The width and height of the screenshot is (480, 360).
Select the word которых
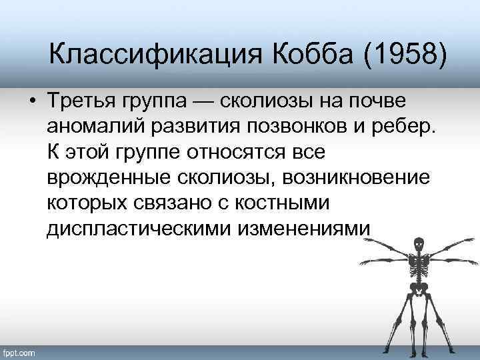click(x=85, y=203)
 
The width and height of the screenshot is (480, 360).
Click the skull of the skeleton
click(x=419, y=245)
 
